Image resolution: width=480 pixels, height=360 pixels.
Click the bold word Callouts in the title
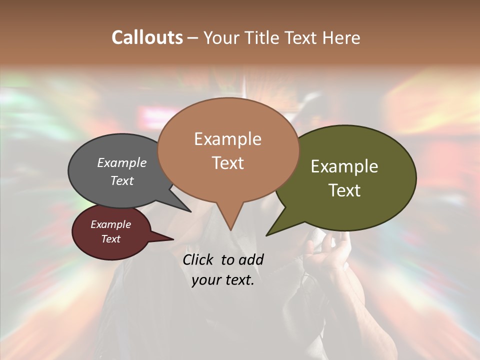[x=147, y=37]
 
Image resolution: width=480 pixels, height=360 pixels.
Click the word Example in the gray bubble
[x=122, y=162]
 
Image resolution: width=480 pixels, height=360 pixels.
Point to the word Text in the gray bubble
[x=122, y=180]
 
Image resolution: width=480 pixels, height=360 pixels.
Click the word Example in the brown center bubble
[x=228, y=139]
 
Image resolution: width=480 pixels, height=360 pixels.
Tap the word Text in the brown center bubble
[x=228, y=162]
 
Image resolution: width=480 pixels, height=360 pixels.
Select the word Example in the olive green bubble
[x=344, y=166]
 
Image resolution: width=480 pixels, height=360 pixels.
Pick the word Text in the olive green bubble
[x=344, y=190]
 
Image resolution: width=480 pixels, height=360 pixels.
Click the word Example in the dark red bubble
[x=111, y=224]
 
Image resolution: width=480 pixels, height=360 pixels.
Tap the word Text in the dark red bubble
[x=111, y=239]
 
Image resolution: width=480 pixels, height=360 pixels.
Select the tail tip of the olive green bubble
[x=268, y=234]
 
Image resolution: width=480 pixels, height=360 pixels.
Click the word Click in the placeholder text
[x=198, y=259]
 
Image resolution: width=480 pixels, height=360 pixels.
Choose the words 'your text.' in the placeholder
[x=223, y=280]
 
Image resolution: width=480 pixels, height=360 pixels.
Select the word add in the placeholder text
[x=251, y=259]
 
